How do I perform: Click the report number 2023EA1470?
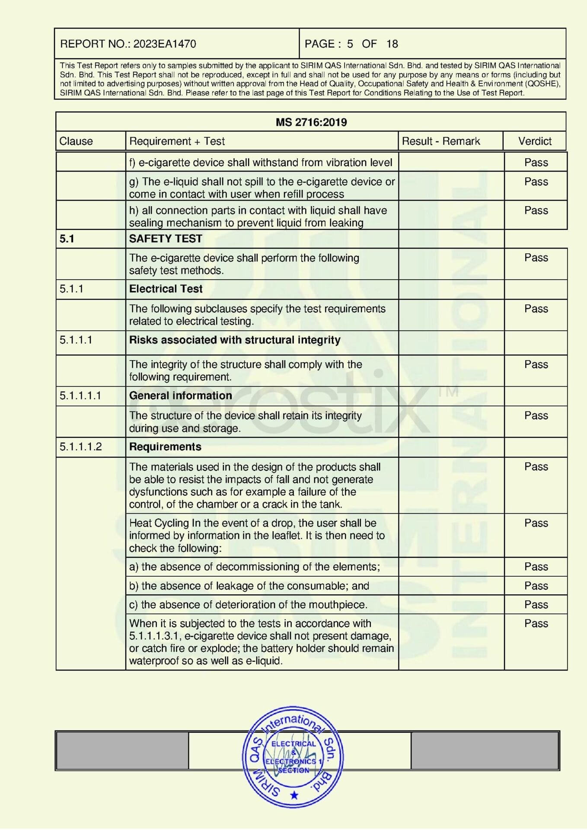[x=164, y=44]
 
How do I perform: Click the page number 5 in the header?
[x=350, y=44]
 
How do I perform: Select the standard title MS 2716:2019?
[x=311, y=122]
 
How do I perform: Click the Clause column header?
[x=76, y=141]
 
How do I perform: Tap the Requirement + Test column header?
[x=177, y=141]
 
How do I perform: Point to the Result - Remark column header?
[x=440, y=141]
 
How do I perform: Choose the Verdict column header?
[x=535, y=141]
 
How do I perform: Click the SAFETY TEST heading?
[x=166, y=239]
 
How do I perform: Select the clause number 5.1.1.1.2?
[x=81, y=447]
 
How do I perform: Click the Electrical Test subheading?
[x=166, y=289]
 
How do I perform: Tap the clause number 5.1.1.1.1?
[x=80, y=396]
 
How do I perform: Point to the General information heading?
[x=180, y=396]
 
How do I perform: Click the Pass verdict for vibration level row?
[x=536, y=163]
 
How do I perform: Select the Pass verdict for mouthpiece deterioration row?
[x=536, y=604]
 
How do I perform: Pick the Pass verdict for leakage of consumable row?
[x=536, y=586]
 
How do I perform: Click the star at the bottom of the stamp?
[x=294, y=795]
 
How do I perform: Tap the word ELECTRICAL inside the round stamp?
[x=293, y=744]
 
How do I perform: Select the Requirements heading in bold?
[x=165, y=447]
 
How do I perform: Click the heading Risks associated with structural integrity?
[x=235, y=340]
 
